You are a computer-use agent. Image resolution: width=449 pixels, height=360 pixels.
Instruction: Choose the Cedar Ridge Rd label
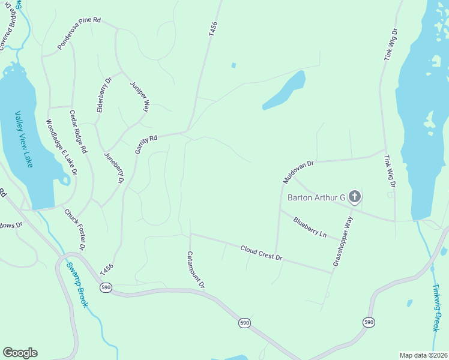78,131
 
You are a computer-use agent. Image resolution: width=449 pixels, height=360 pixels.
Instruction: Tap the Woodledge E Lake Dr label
62,147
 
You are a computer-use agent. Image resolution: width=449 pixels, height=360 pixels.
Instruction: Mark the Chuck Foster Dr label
76,229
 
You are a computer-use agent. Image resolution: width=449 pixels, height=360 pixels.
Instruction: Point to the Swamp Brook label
77,285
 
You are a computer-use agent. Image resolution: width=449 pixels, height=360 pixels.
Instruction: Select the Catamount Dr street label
196,270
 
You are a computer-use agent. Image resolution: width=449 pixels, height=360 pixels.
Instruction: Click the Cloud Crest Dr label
261,253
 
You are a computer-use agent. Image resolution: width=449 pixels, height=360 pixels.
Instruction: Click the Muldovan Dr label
298,172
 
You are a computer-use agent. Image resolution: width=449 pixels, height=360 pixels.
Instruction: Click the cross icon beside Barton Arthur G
355,196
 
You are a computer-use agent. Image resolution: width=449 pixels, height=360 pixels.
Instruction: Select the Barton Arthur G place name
316,197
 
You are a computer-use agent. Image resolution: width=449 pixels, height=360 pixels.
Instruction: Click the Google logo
20,353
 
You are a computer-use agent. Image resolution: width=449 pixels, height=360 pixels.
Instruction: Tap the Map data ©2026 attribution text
423,355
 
